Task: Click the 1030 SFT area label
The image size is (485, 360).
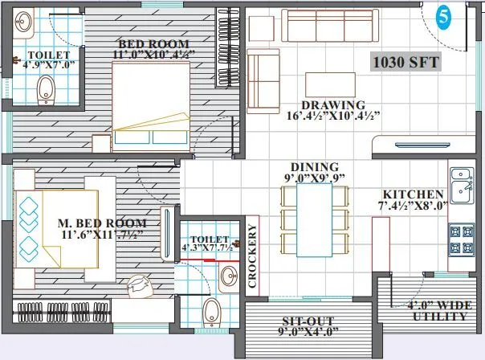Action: point(404,60)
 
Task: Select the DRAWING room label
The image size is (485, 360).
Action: point(332,105)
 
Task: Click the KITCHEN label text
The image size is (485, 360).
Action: point(413,195)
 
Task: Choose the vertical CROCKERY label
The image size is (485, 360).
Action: point(252,256)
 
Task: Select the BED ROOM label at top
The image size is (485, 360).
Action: point(153,43)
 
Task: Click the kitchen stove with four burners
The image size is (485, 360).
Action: point(461,238)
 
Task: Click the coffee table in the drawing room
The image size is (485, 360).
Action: point(330,84)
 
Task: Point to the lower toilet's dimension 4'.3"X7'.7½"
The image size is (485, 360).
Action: point(206,247)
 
